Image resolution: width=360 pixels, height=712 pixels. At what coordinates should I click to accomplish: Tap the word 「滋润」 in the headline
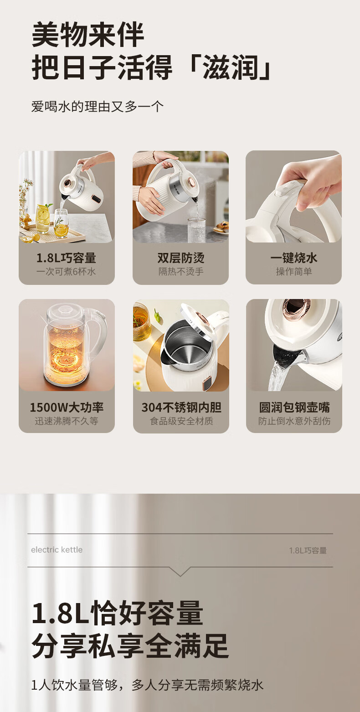point(230,68)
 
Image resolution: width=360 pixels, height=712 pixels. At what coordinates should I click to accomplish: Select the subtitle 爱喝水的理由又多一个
point(97,107)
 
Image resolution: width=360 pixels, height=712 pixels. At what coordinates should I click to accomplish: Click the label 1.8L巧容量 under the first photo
point(67,258)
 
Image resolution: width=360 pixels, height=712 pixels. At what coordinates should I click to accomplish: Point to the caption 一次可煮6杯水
point(67,272)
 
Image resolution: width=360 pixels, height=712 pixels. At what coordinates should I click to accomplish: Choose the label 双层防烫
point(181,258)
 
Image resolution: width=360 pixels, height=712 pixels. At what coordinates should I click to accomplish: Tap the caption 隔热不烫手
point(181,272)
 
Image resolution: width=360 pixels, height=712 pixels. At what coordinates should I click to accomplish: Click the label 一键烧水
point(294,258)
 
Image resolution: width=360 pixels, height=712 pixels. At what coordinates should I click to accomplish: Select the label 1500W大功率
point(67,408)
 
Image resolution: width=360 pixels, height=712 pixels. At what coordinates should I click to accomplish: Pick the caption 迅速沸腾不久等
point(67,421)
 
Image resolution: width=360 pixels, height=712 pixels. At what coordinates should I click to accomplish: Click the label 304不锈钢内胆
point(181,408)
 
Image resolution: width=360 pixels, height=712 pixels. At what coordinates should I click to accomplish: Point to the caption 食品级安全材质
point(181,421)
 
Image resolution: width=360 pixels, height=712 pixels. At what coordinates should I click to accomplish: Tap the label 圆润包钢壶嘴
point(294,408)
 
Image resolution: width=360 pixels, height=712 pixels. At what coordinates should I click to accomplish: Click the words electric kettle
point(57,550)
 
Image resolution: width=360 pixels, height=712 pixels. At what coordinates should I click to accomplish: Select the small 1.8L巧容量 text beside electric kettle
point(308,551)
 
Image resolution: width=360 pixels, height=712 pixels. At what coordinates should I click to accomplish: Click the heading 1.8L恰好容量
point(117,613)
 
